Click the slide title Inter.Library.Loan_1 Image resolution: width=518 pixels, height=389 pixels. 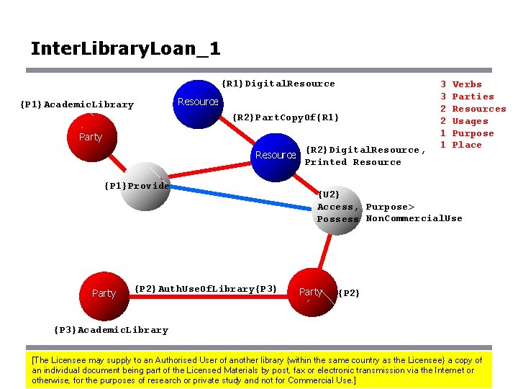tap(125, 49)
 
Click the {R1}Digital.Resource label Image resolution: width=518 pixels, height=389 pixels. tap(278, 84)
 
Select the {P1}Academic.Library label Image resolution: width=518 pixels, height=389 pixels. tap(77, 105)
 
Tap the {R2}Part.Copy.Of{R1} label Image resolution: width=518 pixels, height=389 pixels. tap(286, 117)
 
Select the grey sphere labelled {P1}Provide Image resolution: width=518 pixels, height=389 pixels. tap(144, 185)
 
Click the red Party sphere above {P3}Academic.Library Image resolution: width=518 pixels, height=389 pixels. tap(104, 293)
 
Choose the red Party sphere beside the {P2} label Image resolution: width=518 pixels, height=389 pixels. tap(312, 292)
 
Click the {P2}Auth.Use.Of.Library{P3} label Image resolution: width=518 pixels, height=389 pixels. tap(206, 289)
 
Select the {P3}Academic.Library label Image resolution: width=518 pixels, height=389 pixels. tap(111, 331)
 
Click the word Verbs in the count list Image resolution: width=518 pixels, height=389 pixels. tap(467, 84)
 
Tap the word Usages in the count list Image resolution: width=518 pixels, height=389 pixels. tap(470, 121)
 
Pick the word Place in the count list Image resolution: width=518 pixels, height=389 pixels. tap(467, 145)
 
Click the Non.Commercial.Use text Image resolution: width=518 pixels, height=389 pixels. tap(414, 219)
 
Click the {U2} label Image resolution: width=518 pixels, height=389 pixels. tap(328, 194)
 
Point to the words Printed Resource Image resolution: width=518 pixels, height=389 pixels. tap(353, 163)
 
